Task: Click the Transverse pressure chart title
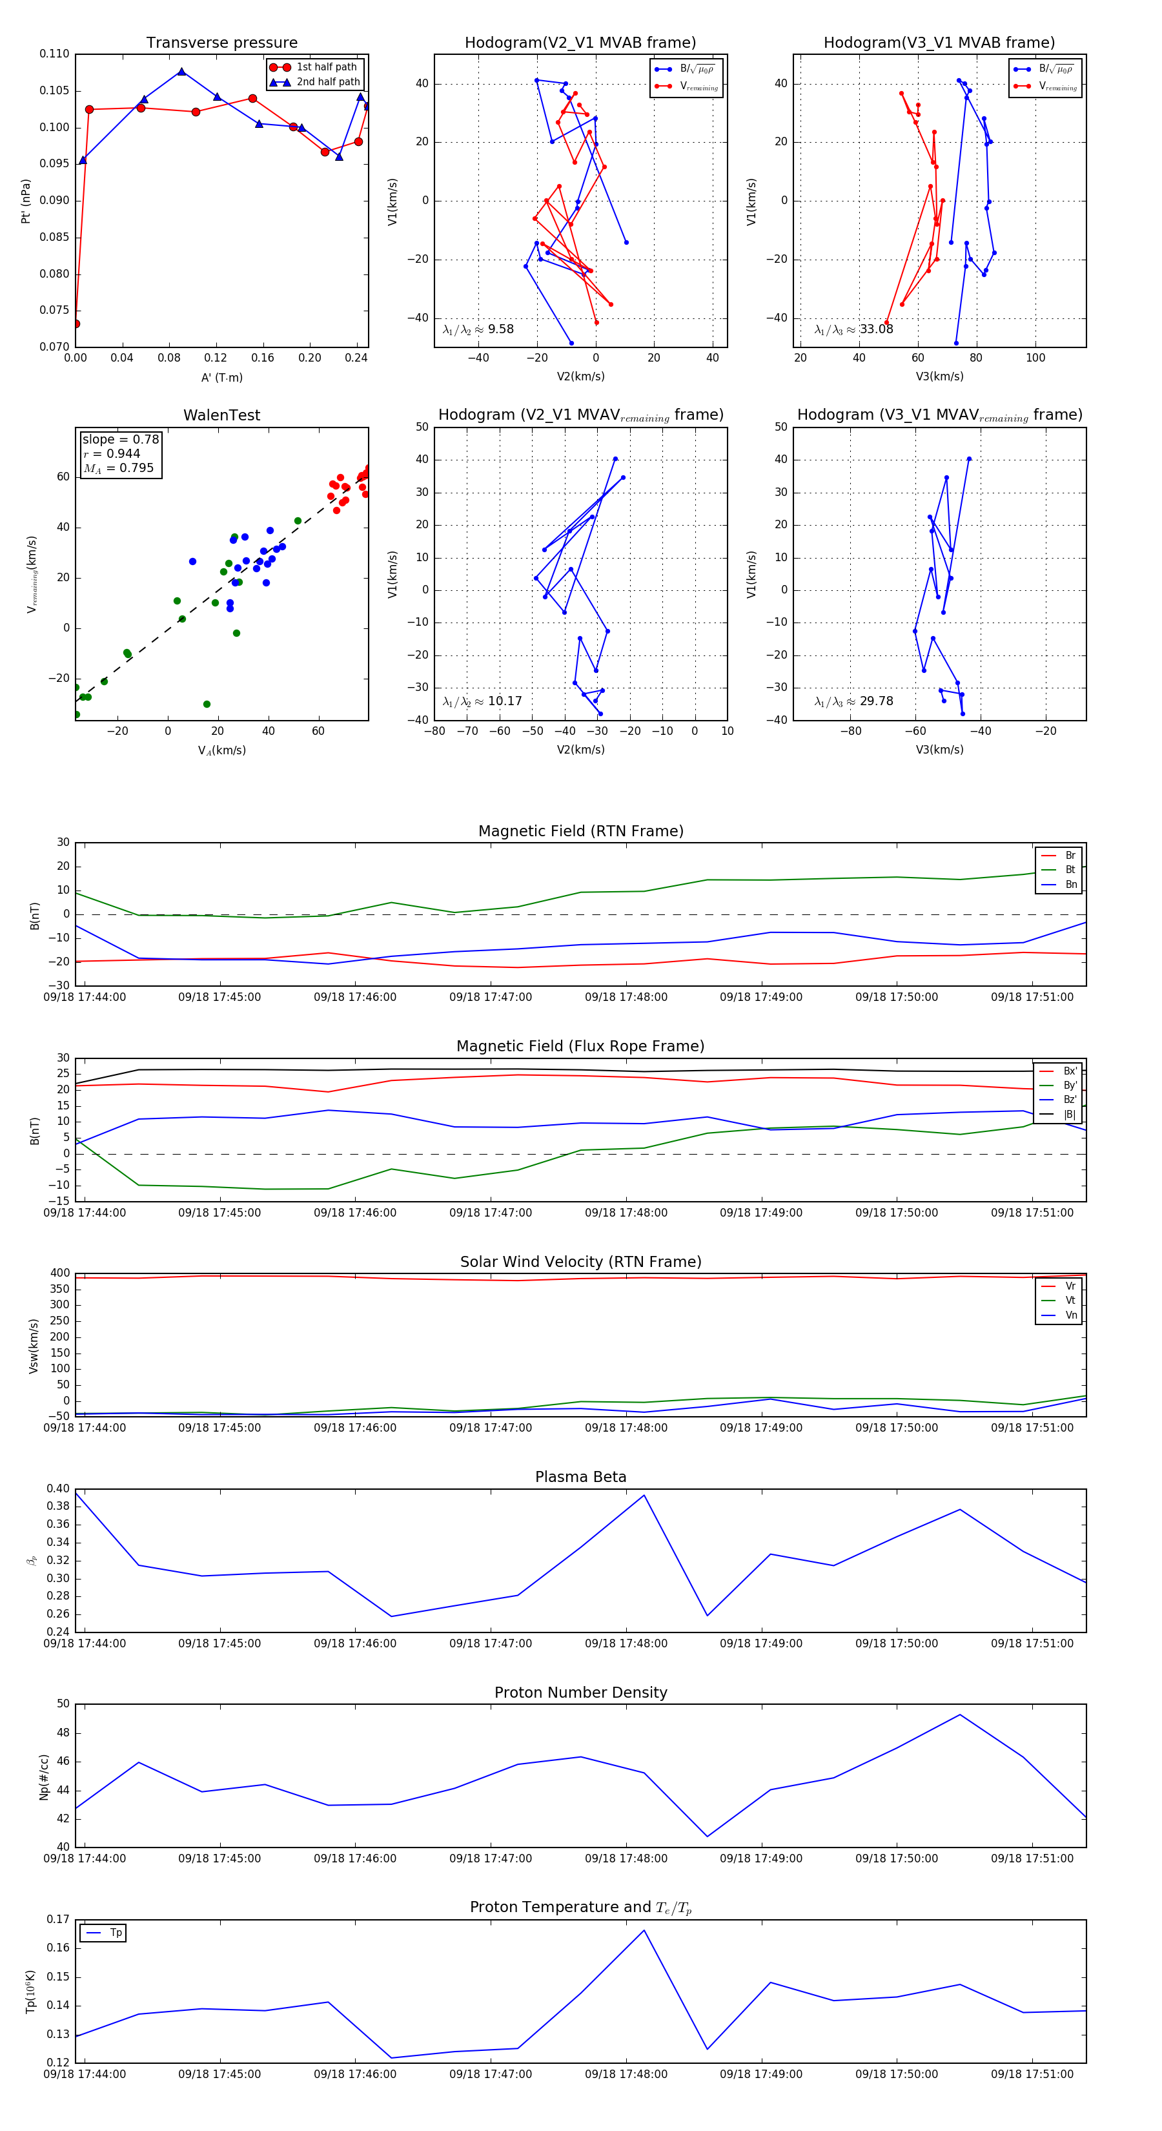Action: (x=221, y=43)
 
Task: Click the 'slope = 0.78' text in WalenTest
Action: (x=121, y=439)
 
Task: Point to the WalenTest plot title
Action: (x=221, y=415)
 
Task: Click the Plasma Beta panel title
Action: (x=580, y=1477)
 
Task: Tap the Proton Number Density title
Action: (x=580, y=1693)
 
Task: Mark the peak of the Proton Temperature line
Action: (x=644, y=1930)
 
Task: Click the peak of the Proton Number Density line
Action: (x=959, y=1714)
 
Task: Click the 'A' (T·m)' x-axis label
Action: (x=221, y=378)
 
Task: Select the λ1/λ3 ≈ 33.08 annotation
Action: (x=853, y=329)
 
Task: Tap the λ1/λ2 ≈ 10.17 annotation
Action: (x=482, y=701)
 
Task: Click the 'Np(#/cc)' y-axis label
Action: (x=44, y=1777)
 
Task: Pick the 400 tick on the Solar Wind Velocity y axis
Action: (x=59, y=1273)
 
